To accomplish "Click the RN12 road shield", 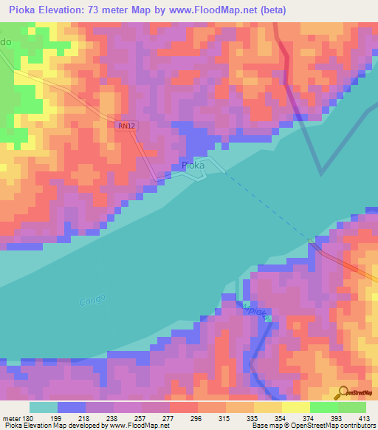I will pyautogui.click(x=127, y=126).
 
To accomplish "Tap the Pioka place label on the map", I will pyautogui.click(x=193, y=166).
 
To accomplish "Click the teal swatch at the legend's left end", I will pyautogui.click(x=43, y=407).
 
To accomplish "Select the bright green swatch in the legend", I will pyautogui.click(x=323, y=407).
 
